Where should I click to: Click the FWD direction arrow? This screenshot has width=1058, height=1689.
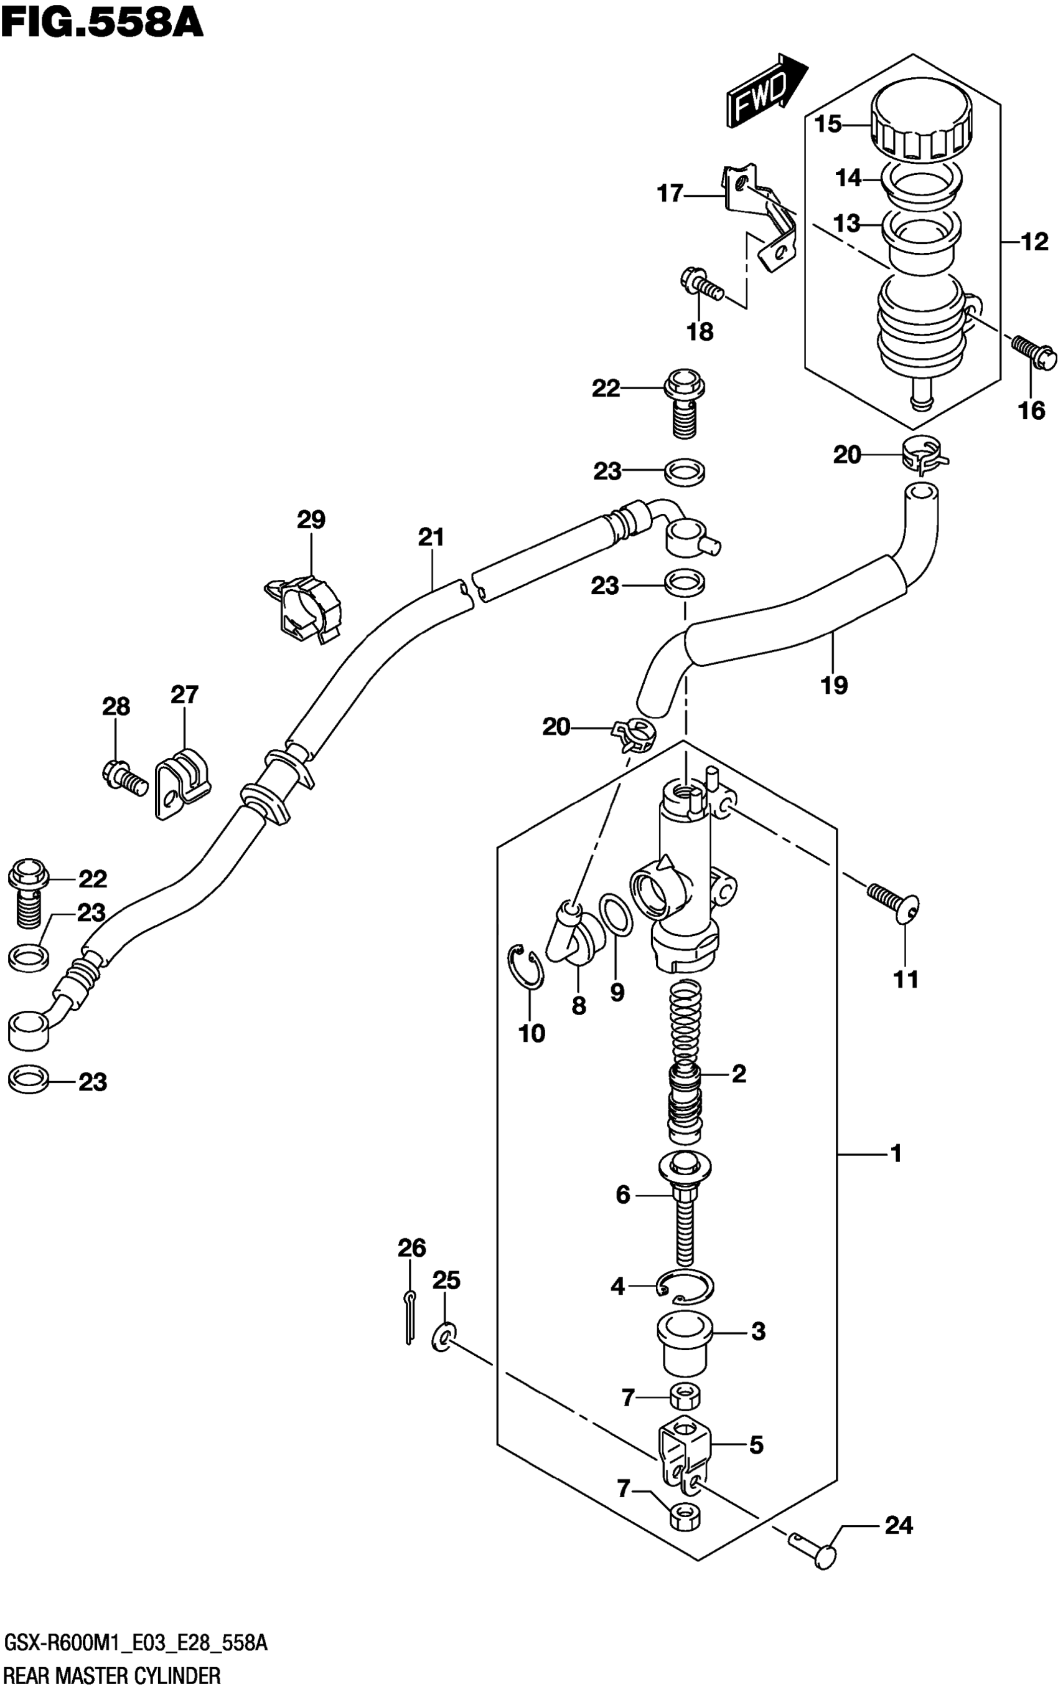click(x=766, y=91)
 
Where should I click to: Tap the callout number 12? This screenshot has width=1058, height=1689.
click(x=1035, y=242)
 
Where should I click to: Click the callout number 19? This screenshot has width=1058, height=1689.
click(x=834, y=684)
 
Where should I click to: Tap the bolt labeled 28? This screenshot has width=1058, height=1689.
click(x=124, y=777)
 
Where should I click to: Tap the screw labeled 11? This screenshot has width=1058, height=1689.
click(x=894, y=902)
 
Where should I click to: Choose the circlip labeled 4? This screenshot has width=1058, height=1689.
click(x=686, y=1285)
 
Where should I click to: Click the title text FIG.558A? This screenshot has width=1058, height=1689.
click(x=102, y=22)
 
